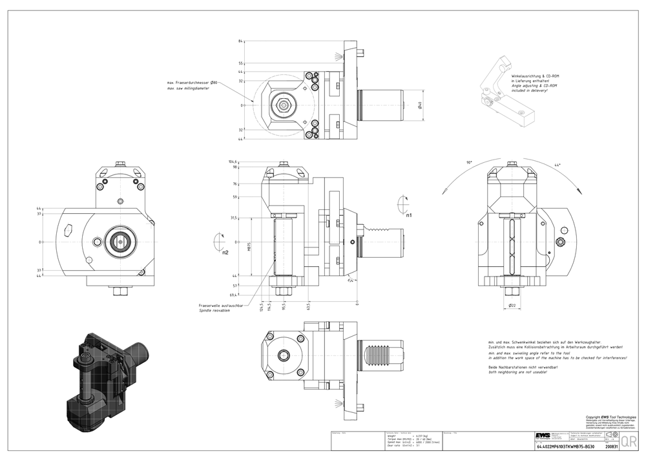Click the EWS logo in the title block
tap(541, 436)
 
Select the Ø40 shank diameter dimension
tap(420, 105)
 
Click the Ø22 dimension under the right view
tap(512, 305)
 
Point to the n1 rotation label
tap(408, 214)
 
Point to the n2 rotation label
tap(225, 253)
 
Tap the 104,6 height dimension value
tap(233, 162)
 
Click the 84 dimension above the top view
tap(241, 41)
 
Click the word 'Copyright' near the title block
tap(594, 417)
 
